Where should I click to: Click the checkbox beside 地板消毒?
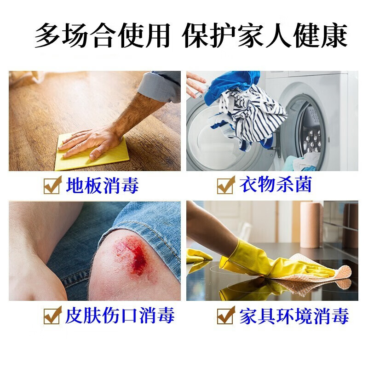point(52,186)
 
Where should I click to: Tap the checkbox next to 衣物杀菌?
point(226,186)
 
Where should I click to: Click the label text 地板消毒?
point(102,185)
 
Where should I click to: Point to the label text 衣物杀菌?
point(276,185)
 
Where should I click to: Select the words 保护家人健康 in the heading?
point(264,36)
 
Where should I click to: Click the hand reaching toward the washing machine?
point(195,83)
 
